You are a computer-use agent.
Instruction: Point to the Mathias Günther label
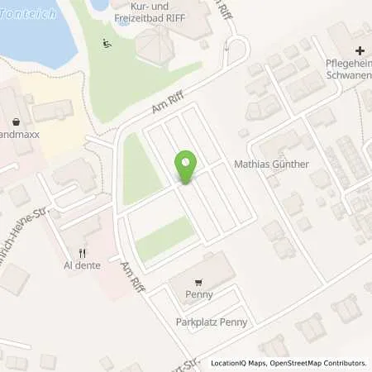[272, 165]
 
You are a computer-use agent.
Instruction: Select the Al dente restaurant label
[82, 267]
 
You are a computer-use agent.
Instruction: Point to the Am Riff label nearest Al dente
[131, 276]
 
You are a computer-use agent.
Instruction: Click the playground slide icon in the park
[106, 44]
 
